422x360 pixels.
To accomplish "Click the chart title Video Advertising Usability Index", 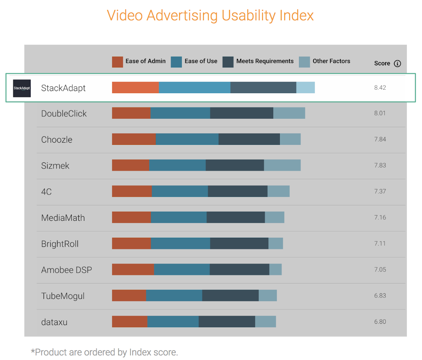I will (x=210, y=16).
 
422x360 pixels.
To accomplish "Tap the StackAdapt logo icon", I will (x=22, y=88).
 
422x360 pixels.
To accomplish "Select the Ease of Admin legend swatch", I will (x=117, y=62).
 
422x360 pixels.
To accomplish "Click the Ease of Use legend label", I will (x=201, y=61).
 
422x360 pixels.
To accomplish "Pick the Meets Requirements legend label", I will (x=265, y=61).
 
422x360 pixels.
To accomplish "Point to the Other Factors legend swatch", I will (x=304, y=62).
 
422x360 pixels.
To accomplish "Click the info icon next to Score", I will (x=397, y=64).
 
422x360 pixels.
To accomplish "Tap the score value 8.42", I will (x=380, y=88).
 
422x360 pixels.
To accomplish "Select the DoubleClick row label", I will (x=64, y=114).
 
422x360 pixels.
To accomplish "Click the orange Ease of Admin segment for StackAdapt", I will (x=135, y=88).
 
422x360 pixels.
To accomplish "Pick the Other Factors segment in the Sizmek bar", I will (x=282, y=165).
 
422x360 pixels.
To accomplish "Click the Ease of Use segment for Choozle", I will (x=187, y=139).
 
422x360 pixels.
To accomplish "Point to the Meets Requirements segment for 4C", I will (x=238, y=191).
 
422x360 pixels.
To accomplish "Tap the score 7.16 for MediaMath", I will (x=380, y=217).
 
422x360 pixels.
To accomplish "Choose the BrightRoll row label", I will (x=60, y=244).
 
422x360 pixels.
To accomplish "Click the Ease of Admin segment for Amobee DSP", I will (x=133, y=270).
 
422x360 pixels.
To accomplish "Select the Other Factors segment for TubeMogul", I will (x=268, y=296).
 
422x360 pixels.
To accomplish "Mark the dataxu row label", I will (x=54, y=322).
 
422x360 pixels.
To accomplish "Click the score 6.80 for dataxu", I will (x=380, y=322).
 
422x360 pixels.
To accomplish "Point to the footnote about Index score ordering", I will (x=104, y=352).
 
